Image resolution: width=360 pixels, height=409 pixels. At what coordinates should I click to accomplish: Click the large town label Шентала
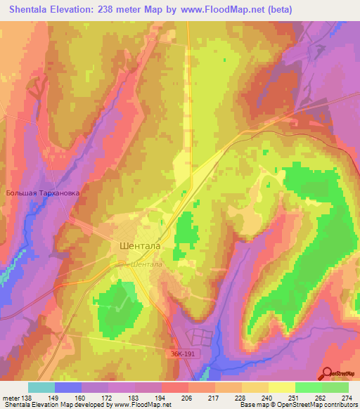[137, 247]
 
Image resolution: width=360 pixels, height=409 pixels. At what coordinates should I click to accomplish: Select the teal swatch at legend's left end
[41, 387]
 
